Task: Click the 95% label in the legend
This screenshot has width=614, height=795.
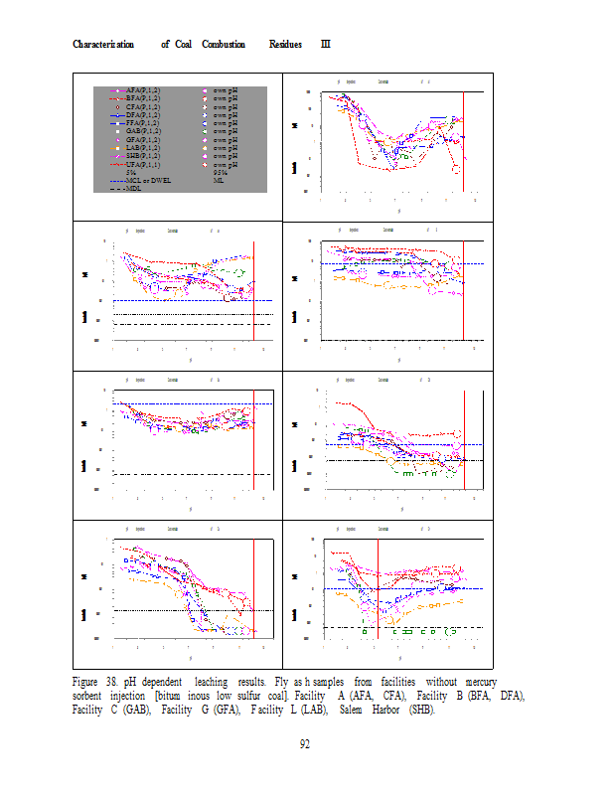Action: coord(222,172)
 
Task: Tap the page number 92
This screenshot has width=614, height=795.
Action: coord(307,745)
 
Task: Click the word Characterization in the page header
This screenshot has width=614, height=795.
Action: coord(103,45)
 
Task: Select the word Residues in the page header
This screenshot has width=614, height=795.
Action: coord(288,45)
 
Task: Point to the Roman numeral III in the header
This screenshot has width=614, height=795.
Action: coord(325,45)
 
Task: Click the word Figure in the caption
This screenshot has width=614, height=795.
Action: coord(89,683)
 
